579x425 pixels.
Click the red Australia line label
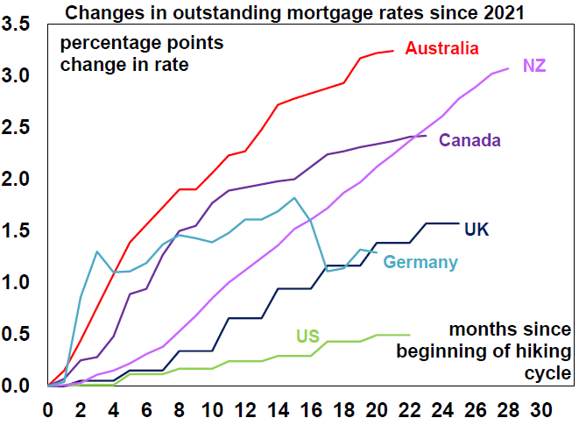coord(442,48)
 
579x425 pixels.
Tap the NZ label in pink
coord(534,66)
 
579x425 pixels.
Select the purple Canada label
coord(470,140)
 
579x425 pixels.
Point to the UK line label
coord(477,230)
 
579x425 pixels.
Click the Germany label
coord(420,262)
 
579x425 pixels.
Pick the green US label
coord(307,334)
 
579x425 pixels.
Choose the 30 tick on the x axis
coord(541,408)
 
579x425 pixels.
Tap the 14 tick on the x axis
coord(278,408)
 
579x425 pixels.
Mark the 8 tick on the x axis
coord(180,408)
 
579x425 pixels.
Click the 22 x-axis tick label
coord(410,408)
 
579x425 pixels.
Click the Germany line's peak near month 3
coord(97,251)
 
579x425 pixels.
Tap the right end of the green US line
coord(410,334)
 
